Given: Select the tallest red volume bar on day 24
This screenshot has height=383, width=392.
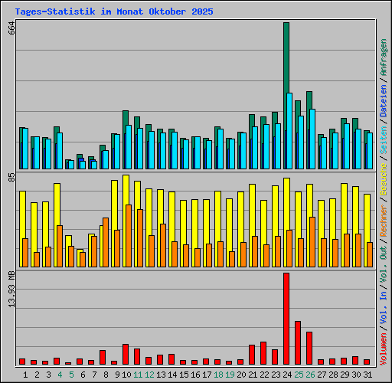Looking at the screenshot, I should (286, 319).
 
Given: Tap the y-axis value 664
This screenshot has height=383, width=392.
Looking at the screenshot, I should (11, 28).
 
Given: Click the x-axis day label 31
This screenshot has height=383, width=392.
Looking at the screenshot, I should (367, 375).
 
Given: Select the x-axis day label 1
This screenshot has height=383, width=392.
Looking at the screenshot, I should (25, 375).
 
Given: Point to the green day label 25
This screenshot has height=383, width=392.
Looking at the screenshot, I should (298, 375).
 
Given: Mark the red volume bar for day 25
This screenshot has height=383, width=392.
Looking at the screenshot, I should (297, 342).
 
